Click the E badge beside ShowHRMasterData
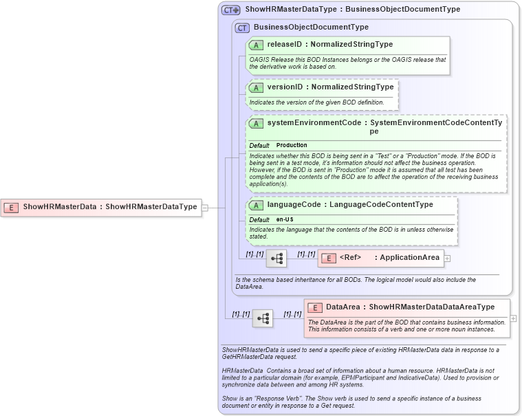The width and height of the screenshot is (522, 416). point(12,206)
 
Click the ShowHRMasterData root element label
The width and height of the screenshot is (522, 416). point(59,206)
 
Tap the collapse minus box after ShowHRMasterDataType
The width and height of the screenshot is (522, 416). point(205,206)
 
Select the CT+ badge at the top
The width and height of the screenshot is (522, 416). point(230,10)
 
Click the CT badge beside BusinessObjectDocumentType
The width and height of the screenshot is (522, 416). point(242,28)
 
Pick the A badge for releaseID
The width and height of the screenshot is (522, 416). point(256,44)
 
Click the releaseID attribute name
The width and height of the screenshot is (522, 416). point(285,44)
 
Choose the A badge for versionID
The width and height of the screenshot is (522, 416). point(256,87)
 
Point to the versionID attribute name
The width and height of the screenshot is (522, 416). point(285,87)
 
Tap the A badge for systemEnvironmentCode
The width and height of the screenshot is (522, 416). point(256,123)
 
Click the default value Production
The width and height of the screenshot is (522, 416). point(292,145)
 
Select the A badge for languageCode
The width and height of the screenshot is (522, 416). point(256,204)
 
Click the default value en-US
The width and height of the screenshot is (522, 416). point(285,219)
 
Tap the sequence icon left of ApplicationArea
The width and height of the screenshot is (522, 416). point(276,259)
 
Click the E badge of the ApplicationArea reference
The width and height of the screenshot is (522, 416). point(329,258)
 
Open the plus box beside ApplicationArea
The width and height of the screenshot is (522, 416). point(447,259)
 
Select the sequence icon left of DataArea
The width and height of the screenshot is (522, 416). point(263,318)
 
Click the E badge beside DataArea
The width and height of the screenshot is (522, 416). point(315,307)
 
